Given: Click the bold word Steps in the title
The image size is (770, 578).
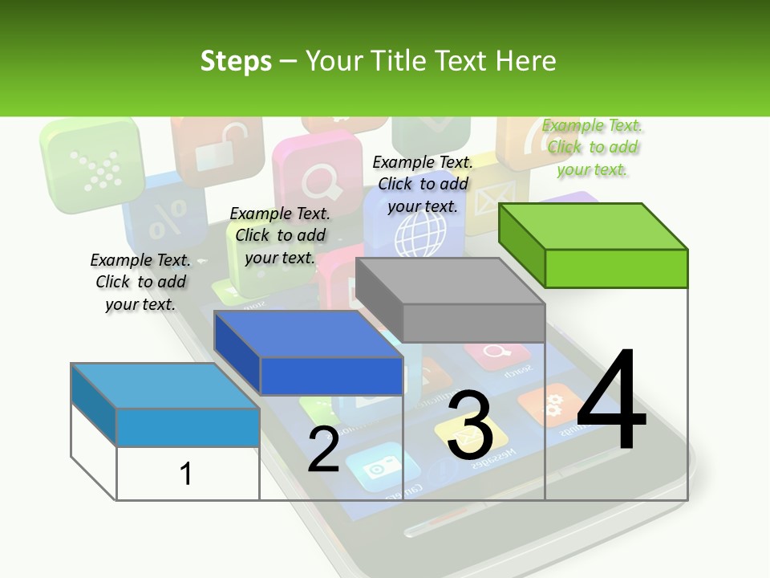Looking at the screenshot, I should pyautogui.click(x=236, y=61).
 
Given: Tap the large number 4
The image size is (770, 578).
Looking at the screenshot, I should pyautogui.click(x=611, y=401).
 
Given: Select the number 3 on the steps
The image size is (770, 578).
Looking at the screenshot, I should pyautogui.click(x=470, y=426).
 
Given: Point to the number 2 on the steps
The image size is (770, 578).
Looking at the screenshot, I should pyautogui.click(x=323, y=449).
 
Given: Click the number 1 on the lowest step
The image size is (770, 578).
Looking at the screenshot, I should pyautogui.click(x=186, y=474).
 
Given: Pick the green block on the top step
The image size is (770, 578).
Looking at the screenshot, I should pyautogui.click(x=594, y=246).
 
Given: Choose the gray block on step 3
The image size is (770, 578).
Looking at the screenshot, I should pyautogui.click(x=451, y=300).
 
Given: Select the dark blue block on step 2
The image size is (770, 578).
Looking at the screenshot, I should pyautogui.click(x=309, y=353).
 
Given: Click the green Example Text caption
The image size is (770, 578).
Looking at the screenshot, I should pyautogui.click(x=593, y=148).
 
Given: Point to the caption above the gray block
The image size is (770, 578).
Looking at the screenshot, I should pyautogui.click(x=423, y=184).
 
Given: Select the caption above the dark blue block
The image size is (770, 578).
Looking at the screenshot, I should pyautogui.click(x=280, y=235).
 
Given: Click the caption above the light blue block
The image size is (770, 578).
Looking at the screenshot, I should pyautogui.click(x=140, y=282).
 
